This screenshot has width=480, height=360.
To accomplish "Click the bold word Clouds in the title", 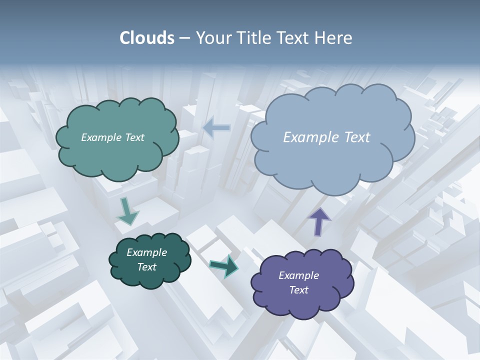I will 147,38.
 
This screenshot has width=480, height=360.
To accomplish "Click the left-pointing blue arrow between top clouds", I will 216,127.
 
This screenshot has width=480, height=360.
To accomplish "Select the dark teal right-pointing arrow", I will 224,266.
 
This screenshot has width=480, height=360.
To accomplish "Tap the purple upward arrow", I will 319,221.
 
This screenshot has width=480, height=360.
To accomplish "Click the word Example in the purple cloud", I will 298,275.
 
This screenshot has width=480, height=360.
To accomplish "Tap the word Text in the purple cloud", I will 298,290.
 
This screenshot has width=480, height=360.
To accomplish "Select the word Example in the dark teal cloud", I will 146,252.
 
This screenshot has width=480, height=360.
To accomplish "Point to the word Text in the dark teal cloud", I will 146,267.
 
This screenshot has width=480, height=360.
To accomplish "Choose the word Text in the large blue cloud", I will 357,137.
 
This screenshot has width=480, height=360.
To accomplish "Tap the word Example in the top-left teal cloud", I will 101,137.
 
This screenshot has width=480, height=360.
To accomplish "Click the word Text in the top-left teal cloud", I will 133,137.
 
